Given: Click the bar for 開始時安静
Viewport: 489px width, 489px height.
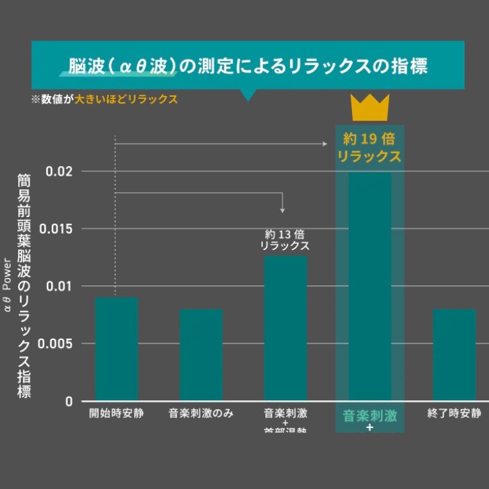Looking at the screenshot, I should click(116, 349).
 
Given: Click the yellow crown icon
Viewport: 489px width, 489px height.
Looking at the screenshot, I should click(370, 108).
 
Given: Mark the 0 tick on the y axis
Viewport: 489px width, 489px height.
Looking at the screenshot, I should click(68, 402).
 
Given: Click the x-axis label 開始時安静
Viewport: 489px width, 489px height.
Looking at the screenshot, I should click(116, 413).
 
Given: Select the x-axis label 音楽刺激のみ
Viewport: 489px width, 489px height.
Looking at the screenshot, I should click(201, 413).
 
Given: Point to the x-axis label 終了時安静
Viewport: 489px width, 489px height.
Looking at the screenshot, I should click(454, 413).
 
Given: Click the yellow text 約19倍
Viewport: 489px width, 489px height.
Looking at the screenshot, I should click(369, 140).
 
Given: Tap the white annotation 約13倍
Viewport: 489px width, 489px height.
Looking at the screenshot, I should click(285, 234).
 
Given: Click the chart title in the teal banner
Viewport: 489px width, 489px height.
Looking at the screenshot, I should click(248, 67).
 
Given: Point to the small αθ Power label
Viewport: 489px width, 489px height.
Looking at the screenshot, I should click(7, 285).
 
